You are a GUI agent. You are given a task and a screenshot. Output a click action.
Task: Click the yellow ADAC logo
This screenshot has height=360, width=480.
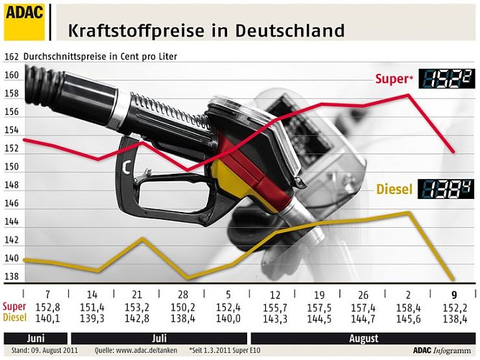pyautogui.click(x=24, y=21)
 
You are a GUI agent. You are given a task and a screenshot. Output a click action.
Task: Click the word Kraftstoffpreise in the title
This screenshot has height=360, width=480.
pyautogui.click(x=134, y=31)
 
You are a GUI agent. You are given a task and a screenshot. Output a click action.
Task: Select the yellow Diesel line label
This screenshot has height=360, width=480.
pyautogui.click(x=394, y=190)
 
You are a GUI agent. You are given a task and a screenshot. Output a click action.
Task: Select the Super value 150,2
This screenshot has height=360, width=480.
pyautogui.click(x=183, y=306)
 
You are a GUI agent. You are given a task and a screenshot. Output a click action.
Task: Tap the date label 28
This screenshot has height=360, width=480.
pyautogui.click(x=183, y=295)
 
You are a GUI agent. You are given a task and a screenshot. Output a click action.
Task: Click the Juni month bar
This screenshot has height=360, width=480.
pyautogui.click(x=36, y=337)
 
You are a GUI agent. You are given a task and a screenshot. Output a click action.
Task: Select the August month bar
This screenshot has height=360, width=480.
pyautogui.click(x=362, y=337)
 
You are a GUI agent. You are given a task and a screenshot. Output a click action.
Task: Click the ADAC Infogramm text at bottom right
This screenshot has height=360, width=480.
pyautogui.click(x=443, y=351)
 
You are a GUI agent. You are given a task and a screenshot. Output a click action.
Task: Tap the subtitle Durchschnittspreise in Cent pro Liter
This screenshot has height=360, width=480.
pyautogui.click(x=100, y=56)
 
